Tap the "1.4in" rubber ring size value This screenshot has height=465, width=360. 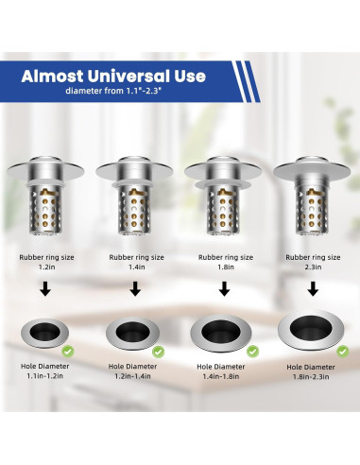[x=134, y=267]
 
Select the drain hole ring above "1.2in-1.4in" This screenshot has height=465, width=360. [x=131, y=332]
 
